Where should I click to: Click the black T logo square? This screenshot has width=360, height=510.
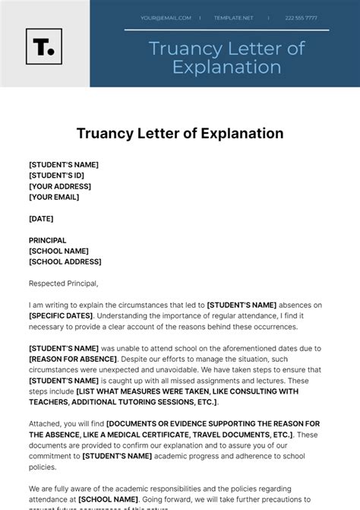pyautogui.click(x=44, y=46)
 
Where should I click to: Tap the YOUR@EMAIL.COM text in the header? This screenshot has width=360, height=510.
pyautogui.click(x=163, y=17)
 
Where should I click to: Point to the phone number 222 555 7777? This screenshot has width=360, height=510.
pyautogui.click(x=302, y=17)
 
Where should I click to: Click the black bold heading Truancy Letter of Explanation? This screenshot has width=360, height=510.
pyautogui.click(x=180, y=134)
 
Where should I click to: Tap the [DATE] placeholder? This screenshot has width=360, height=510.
pyautogui.click(x=41, y=218)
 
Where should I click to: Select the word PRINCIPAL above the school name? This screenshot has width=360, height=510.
pyautogui.click(x=47, y=240)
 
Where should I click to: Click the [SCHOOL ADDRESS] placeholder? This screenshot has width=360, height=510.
pyautogui.click(x=65, y=261)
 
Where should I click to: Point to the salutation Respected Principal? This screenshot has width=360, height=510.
pyautogui.click(x=64, y=284)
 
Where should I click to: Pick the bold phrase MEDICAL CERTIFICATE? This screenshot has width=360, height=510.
pyautogui.click(x=157, y=434)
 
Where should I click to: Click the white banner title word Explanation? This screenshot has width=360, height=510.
pyautogui.click(x=227, y=67)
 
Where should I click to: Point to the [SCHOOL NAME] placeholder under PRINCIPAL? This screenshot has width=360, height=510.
pyautogui.click(x=58, y=251)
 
